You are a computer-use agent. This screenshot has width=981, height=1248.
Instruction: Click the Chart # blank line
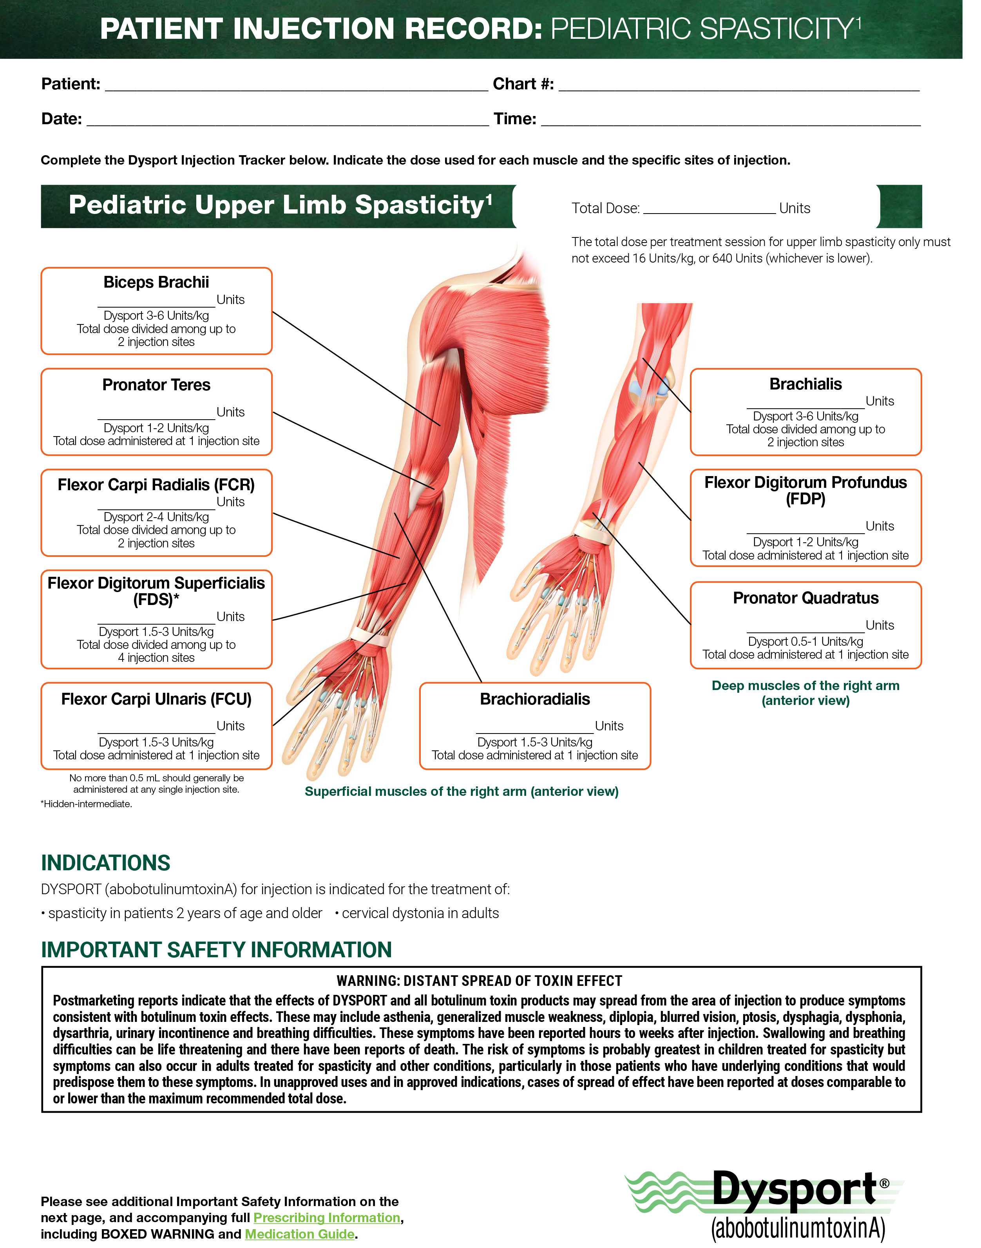pos(739,91)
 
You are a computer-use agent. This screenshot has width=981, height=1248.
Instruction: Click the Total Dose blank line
pos(710,213)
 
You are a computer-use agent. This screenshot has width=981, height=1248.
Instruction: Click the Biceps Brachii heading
pos(156,282)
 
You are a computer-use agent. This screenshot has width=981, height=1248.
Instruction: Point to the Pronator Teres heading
pos(156,384)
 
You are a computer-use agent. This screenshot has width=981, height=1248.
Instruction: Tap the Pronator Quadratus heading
pos(806,598)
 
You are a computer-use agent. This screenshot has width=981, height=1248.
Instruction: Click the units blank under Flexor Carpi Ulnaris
pos(156,733)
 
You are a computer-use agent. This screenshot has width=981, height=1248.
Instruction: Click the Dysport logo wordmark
pos(795,1188)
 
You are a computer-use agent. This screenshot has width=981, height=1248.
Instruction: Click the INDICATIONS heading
pos(106,863)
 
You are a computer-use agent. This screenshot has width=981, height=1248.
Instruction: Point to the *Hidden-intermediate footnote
pos(86,804)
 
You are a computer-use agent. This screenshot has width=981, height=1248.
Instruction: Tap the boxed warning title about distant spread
pos(479,981)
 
